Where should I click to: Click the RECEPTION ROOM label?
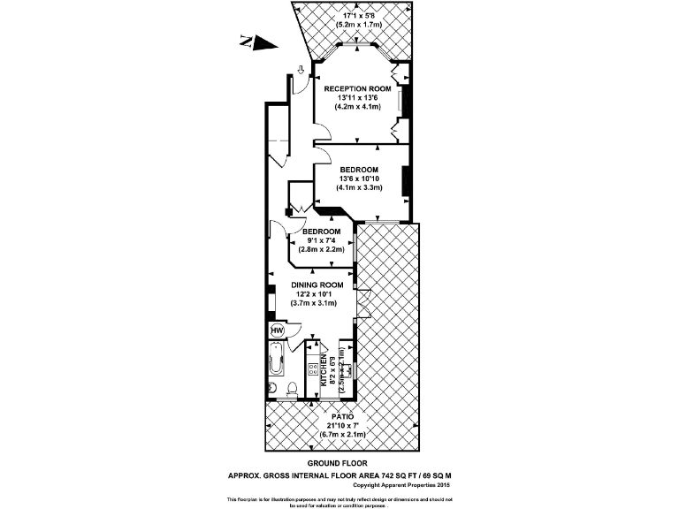tap(356, 89)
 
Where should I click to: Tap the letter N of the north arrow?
tap(246, 38)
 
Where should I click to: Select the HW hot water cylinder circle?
tap(277, 330)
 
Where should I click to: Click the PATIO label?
tap(343, 414)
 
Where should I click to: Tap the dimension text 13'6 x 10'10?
tap(358, 179)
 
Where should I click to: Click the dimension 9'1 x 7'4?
tap(320, 240)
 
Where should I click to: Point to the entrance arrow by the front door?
tap(301, 70)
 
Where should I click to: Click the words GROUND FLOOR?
tap(338, 463)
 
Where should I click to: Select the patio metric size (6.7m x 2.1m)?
tap(342, 434)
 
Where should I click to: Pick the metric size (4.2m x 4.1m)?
tap(356, 107)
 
